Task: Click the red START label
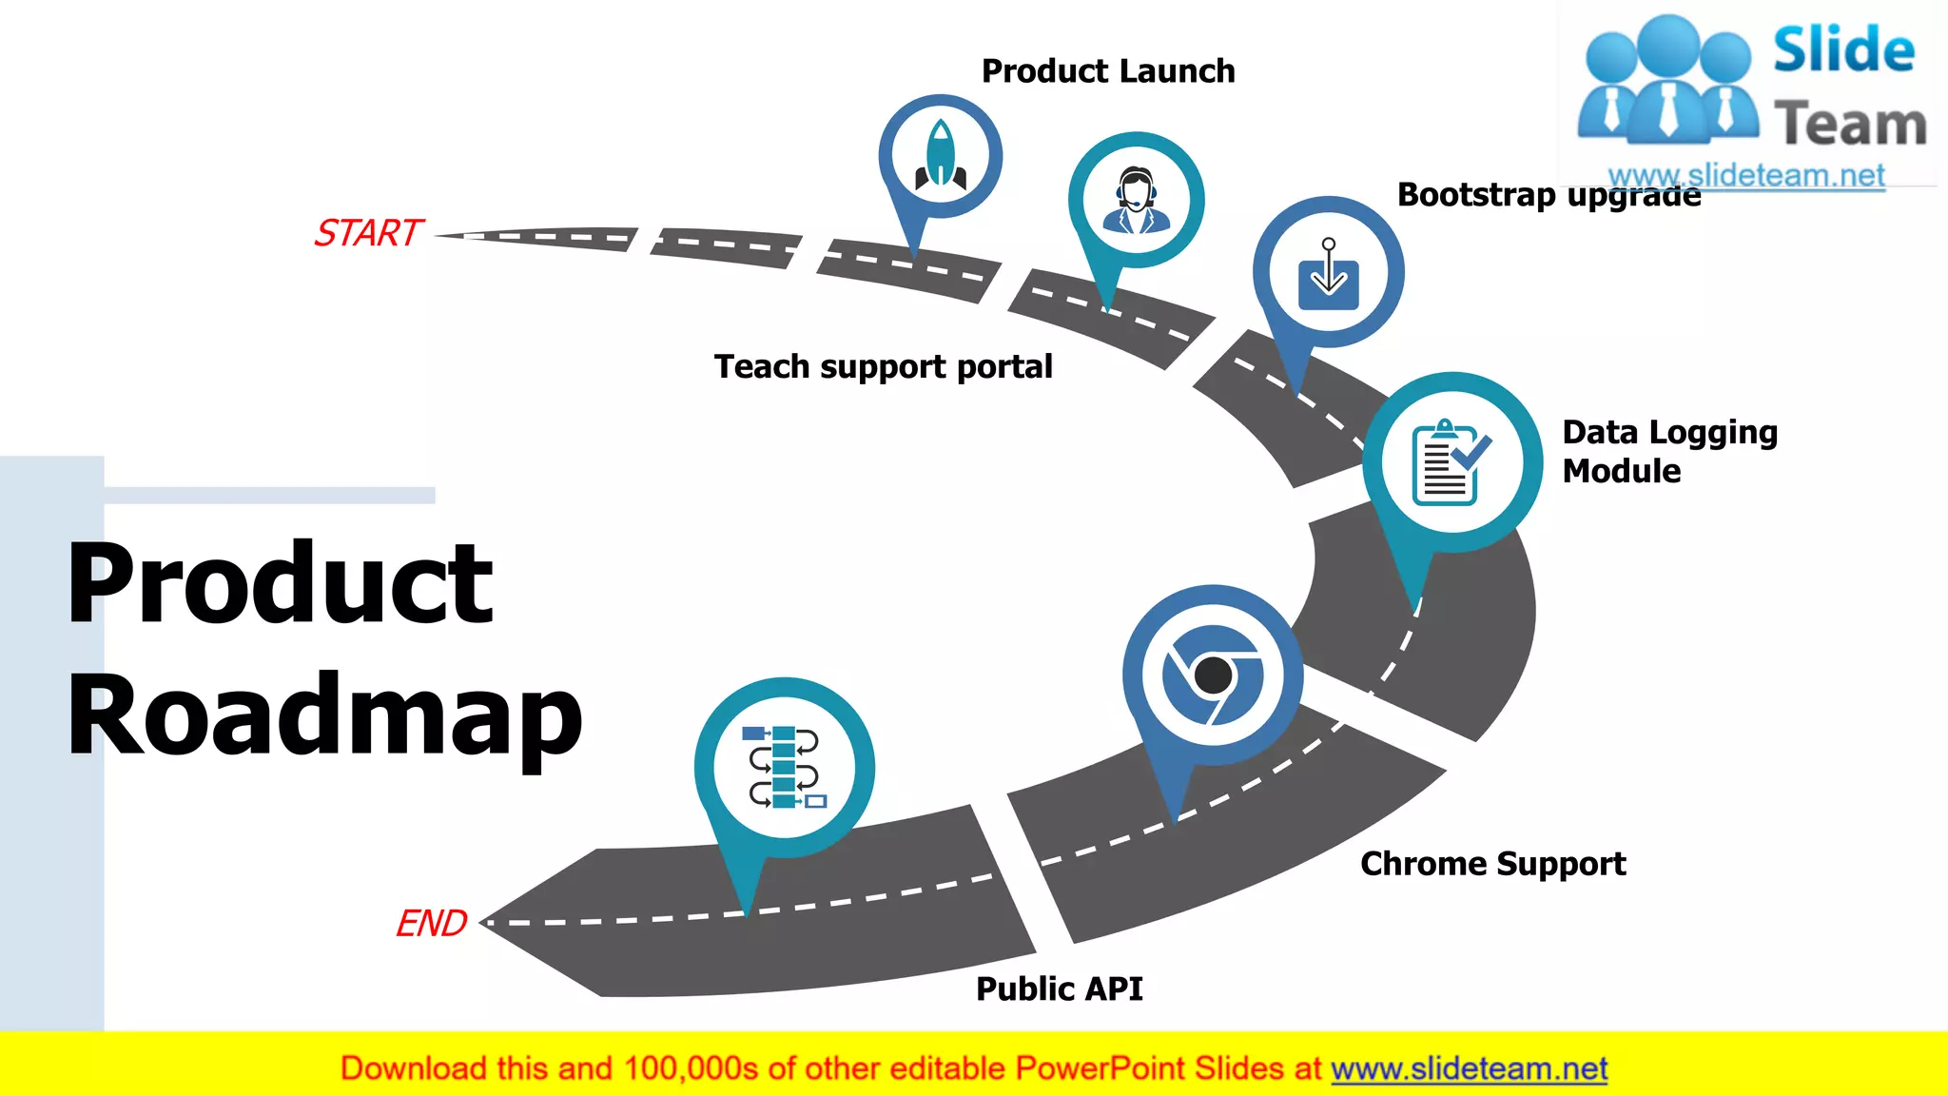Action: click(368, 233)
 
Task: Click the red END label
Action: click(431, 923)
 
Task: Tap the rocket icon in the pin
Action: click(941, 154)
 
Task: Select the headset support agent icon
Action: click(1137, 200)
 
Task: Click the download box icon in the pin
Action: click(1329, 273)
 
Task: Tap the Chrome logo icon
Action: click(1213, 675)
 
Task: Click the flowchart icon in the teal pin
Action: click(784, 767)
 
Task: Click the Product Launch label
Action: click(1108, 71)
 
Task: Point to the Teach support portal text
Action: click(883, 366)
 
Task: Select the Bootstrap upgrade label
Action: click(1549, 195)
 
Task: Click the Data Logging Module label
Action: click(1669, 451)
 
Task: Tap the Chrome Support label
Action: click(1492, 864)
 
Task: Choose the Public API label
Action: click(1060, 989)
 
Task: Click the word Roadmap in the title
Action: click(323, 715)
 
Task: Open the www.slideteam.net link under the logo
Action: click(1746, 175)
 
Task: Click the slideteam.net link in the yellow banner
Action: click(1469, 1069)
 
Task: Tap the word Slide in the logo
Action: click(1843, 49)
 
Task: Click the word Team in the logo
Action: click(1850, 125)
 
